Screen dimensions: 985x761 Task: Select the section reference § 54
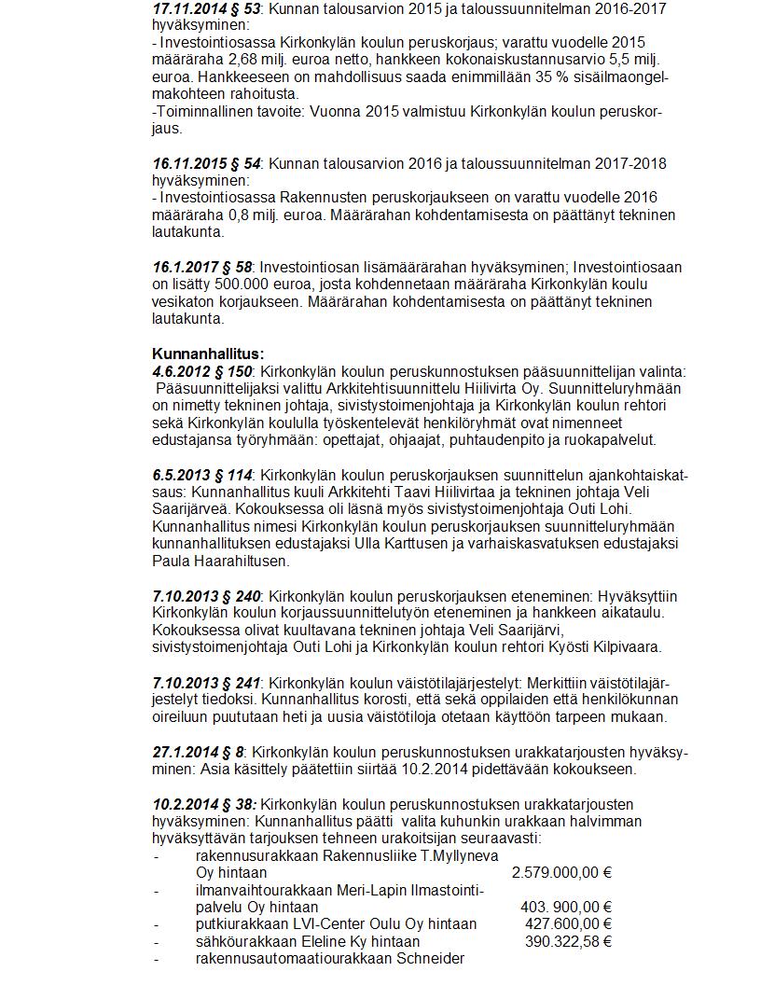[x=245, y=163]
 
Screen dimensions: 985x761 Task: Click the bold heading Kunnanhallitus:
[x=208, y=354]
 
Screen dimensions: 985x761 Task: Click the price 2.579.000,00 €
[x=561, y=873]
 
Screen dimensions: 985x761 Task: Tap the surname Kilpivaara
[x=625, y=645]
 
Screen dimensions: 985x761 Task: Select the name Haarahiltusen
[x=243, y=561]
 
